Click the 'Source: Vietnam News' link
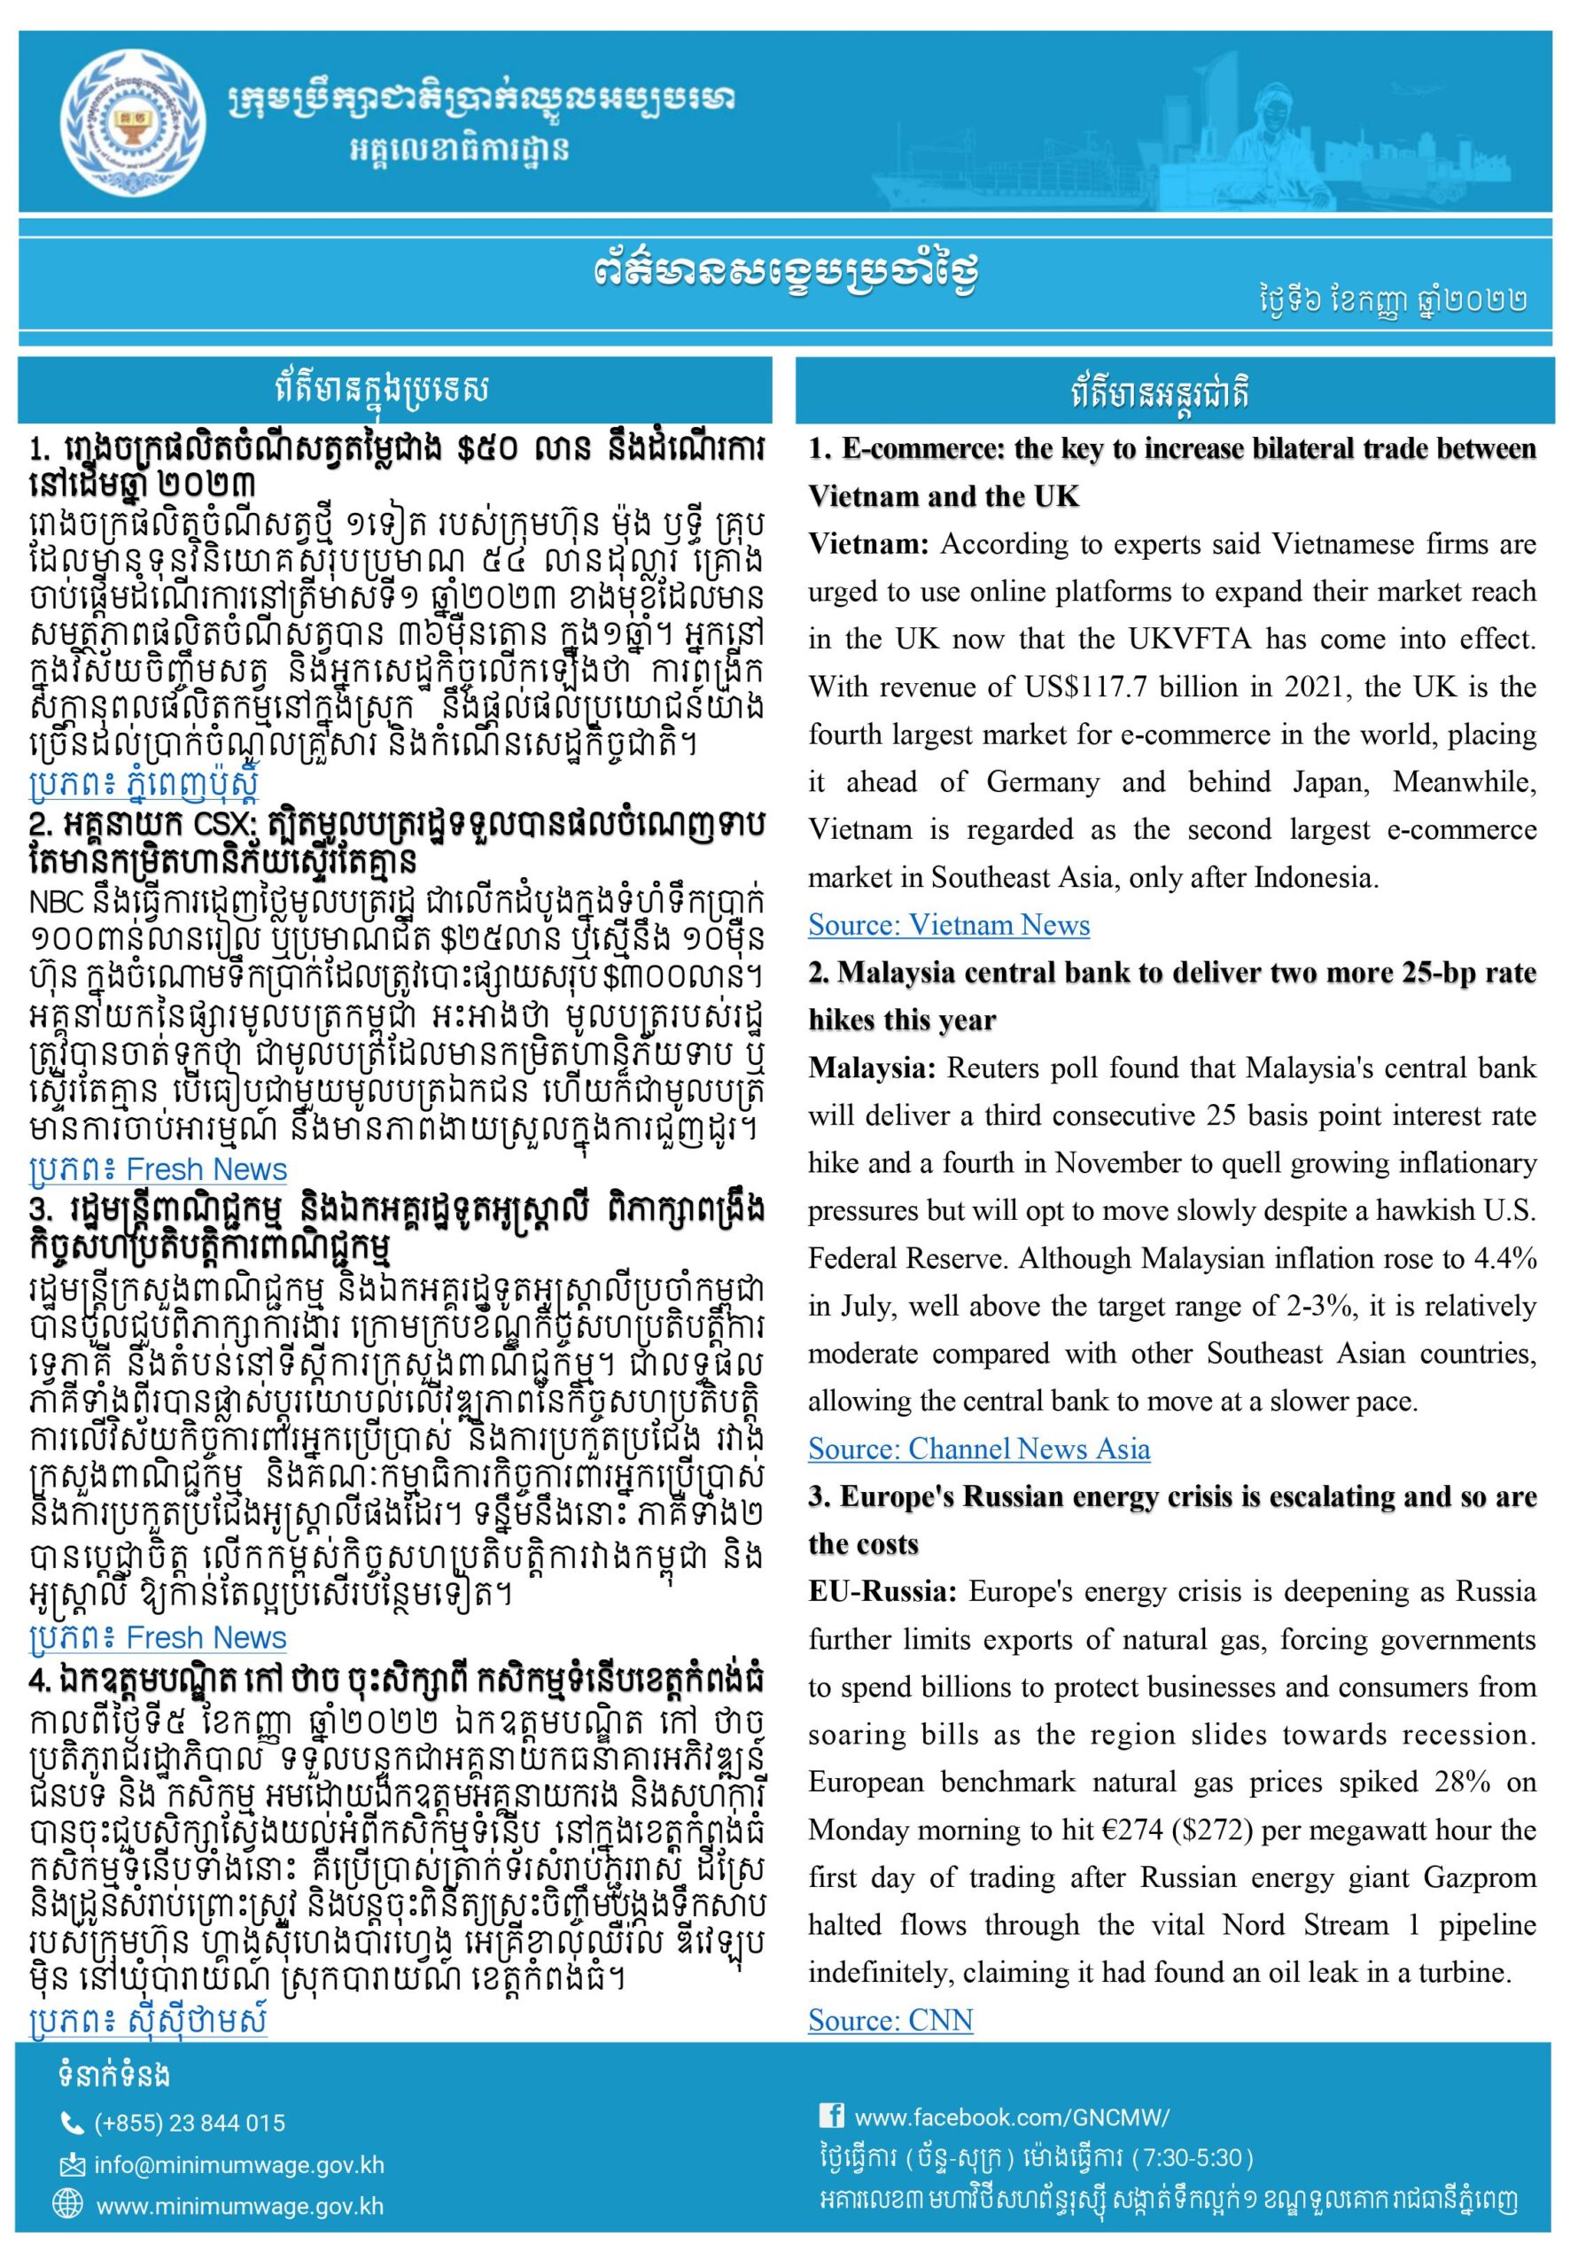click(x=948, y=925)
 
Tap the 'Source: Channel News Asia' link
click(x=979, y=1449)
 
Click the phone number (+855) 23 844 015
click(x=189, y=2124)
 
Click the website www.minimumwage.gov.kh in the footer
click(x=239, y=2206)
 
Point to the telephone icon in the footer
click(x=72, y=2124)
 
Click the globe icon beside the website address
click(x=68, y=2205)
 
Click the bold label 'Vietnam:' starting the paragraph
click(x=868, y=544)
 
